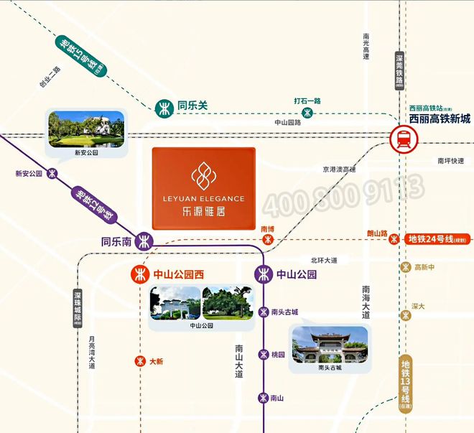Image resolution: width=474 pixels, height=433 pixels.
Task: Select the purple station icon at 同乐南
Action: pos(146,241)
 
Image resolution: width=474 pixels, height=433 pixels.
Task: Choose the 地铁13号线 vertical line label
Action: pos(406,384)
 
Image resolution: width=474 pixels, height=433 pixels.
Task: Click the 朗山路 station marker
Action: pos(394,239)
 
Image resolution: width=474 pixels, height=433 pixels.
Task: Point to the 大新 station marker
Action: pos(140,361)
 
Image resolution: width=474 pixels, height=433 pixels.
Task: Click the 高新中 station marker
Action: pos(406,268)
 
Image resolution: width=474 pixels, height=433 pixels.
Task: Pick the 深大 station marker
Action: pos(406,315)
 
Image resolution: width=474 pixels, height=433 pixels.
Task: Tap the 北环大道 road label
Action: pos(324,260)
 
